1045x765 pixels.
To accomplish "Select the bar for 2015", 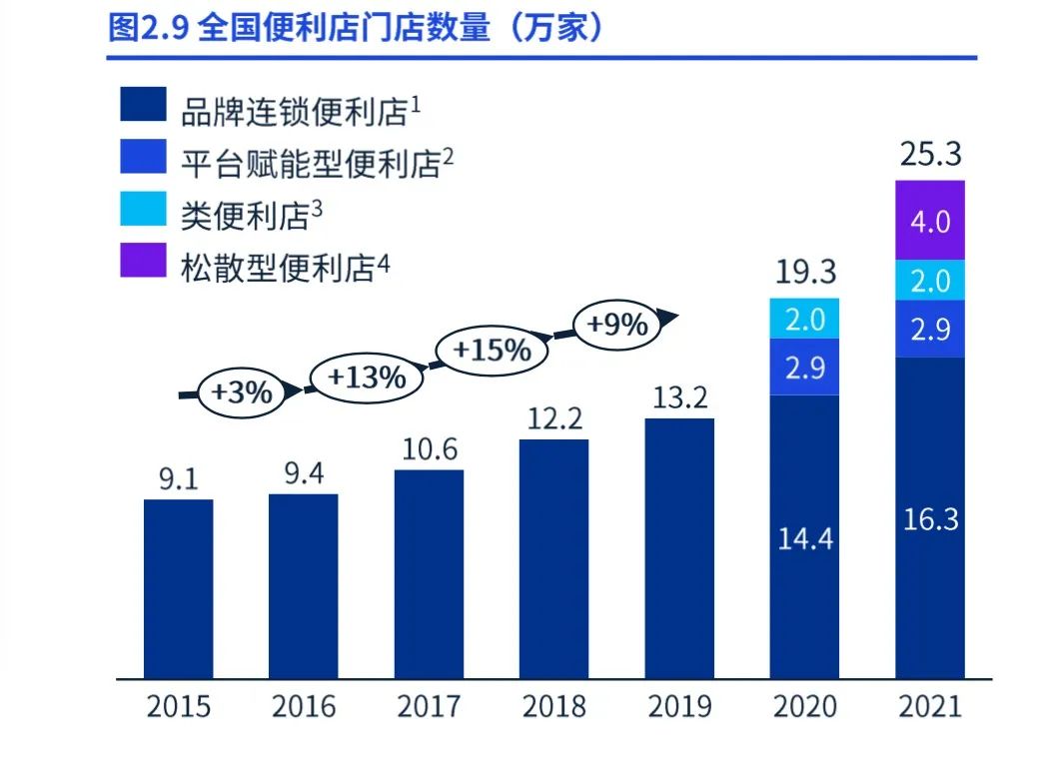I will (x=178, y=587).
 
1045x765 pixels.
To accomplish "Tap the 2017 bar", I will (x=429, y=573).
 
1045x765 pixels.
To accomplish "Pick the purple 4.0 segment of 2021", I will (x=929, y=221).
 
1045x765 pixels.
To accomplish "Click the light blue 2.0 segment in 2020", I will (x=804, y=319).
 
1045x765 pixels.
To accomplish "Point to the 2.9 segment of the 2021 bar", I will (x=929, y=329).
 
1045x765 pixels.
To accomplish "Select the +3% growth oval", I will (x=241, y=391).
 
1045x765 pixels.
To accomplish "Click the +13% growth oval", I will (x=367, y=378).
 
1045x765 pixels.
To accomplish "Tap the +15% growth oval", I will (x=492, y=351).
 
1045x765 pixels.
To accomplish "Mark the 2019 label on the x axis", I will (x=679, y=707).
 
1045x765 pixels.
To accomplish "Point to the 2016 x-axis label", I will (x=304, y=707).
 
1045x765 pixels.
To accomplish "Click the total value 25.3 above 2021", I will (x=929, y=155).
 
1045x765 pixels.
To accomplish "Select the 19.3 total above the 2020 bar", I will (x=804, y=272).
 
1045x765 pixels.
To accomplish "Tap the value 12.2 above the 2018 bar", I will (x=554, y=418).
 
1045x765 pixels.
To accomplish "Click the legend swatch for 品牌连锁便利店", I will (x=142, y=105).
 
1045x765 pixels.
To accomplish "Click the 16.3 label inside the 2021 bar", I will (x=929, y=519).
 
